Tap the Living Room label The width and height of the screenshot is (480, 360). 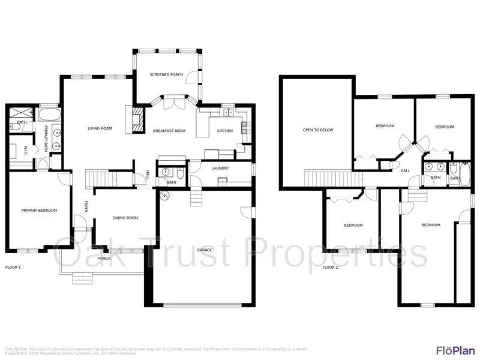(x=100, y=128)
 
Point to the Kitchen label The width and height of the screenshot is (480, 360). (x=224, y=131)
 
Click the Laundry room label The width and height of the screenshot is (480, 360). (x=218, y=168)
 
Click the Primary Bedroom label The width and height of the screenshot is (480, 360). (x=39, y=210)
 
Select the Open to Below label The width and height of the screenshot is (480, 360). (x=317, y=130)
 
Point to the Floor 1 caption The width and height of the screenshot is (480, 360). (x=13, y=266)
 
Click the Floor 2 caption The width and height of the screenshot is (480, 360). (x=330, y=267)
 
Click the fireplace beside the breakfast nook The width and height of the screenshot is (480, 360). (x=136, y=119)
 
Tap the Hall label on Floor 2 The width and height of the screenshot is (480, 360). (x=405, y=171)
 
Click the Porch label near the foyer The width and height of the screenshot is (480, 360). (x=104, y=259)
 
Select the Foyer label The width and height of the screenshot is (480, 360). (x=86, y=206)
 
